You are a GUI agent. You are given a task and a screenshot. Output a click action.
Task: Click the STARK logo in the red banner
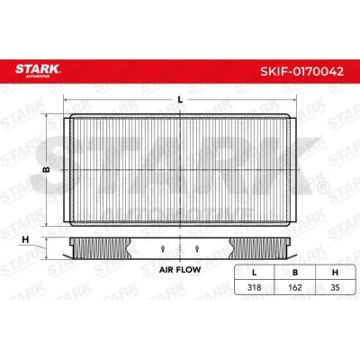point(38,70)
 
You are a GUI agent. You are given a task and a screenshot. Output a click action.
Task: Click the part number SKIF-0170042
point(301,72)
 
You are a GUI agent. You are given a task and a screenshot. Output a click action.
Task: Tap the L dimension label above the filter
point(180,100)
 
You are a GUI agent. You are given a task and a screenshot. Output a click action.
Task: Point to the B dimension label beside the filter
point(46,170)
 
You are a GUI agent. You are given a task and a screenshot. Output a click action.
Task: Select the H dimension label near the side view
point(26,239)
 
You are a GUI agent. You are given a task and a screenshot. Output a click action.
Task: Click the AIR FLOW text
point(180,270)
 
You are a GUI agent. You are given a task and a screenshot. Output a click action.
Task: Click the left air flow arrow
point(163,248)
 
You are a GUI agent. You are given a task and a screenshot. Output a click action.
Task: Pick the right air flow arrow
point(197,248)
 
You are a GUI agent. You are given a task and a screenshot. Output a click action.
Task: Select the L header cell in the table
point(255,273)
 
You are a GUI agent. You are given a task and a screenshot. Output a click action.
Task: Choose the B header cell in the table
point(295,273)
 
